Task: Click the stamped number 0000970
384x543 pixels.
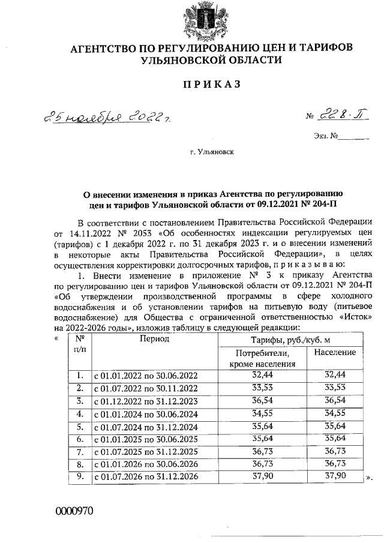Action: [74, 511]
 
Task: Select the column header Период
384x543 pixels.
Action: [155, 339]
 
